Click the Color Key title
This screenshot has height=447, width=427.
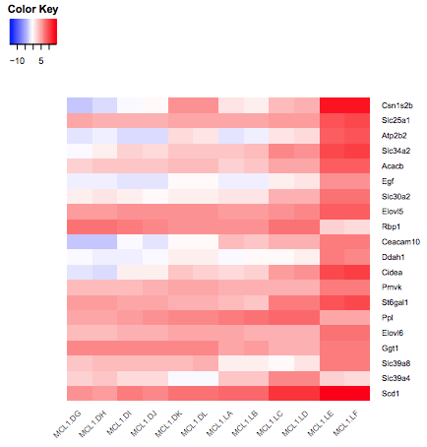32,9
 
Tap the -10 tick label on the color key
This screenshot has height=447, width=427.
17,61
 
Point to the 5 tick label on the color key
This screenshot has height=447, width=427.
41,61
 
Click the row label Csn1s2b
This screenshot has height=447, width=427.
397,105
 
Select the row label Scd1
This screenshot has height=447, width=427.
391,393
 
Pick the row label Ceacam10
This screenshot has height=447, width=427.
400,242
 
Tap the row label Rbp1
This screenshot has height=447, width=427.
391,226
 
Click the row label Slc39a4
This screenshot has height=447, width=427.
396,378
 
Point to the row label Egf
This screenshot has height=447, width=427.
388,181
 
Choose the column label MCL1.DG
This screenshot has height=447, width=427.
67,424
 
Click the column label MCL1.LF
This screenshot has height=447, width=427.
345,423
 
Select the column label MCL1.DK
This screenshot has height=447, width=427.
168,423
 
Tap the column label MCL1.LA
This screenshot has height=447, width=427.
219,423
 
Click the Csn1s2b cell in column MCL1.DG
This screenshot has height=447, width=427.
80,105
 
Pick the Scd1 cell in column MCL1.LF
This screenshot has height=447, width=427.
357,393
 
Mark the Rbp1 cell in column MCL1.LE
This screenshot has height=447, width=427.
332,226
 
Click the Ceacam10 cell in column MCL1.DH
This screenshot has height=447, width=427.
105,242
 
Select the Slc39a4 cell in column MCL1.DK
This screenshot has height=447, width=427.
181,378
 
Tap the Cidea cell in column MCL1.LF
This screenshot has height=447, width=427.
357,272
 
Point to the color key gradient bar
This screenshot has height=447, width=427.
33,32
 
